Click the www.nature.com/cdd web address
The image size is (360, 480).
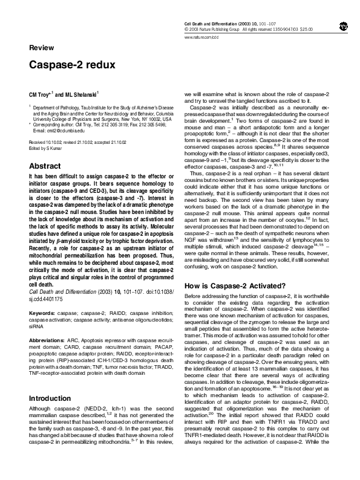coord(200,37)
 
